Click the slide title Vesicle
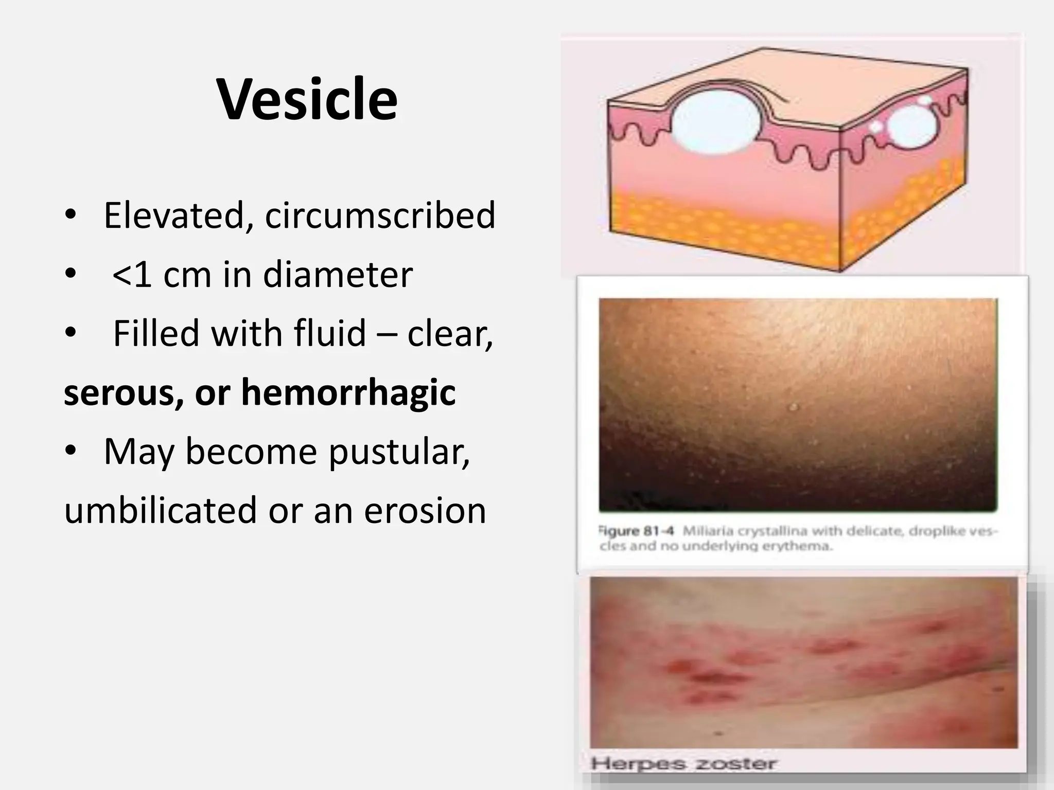(x=307, y=99)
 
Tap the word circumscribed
(x=380, y=215)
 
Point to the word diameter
(x=338, y=274)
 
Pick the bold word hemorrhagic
(x=348, y=392)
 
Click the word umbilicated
(x=160, y=510)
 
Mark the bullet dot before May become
(x=71, y=451)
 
